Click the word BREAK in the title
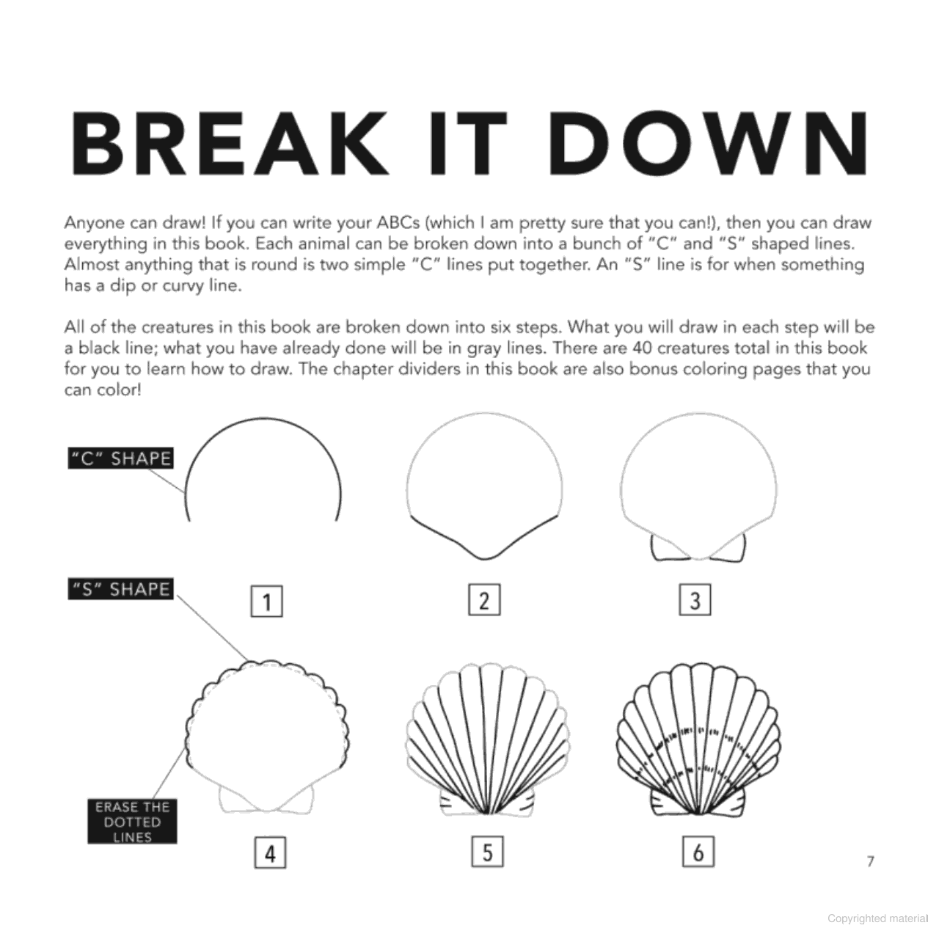pos(230,143)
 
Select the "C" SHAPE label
pos(120,458)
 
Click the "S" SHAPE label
pos(120,589)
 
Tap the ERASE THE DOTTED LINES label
pos(132,822)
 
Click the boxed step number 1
pos(266,602)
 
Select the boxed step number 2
pos(484,600)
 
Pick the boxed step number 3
pos(695,600)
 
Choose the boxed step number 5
pos(487,852)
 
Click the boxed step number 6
pos(698,852)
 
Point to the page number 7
pos(871,861)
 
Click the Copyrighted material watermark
pos(877,918)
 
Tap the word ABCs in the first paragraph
pos(398,223)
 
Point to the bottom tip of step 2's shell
pos(484,559)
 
